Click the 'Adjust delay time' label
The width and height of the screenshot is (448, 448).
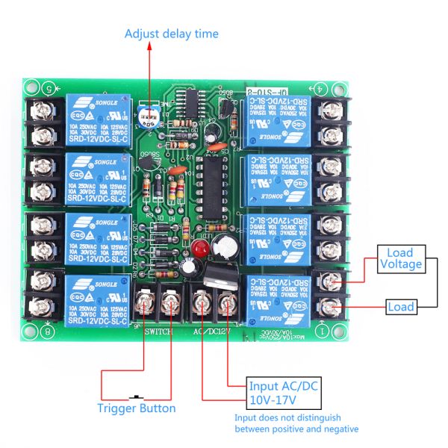click(x=171, y=34)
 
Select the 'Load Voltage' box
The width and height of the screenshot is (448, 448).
click(x=400, y=258)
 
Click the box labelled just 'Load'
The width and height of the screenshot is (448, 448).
click(x=400, y=307)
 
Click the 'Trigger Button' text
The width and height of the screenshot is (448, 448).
click(x=137, y=408)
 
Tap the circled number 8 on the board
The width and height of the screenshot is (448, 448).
click(x=49, y=330)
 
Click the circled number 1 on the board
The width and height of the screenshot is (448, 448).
click(x=323, y=330)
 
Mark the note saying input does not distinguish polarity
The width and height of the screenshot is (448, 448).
click(x=296, y=423)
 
